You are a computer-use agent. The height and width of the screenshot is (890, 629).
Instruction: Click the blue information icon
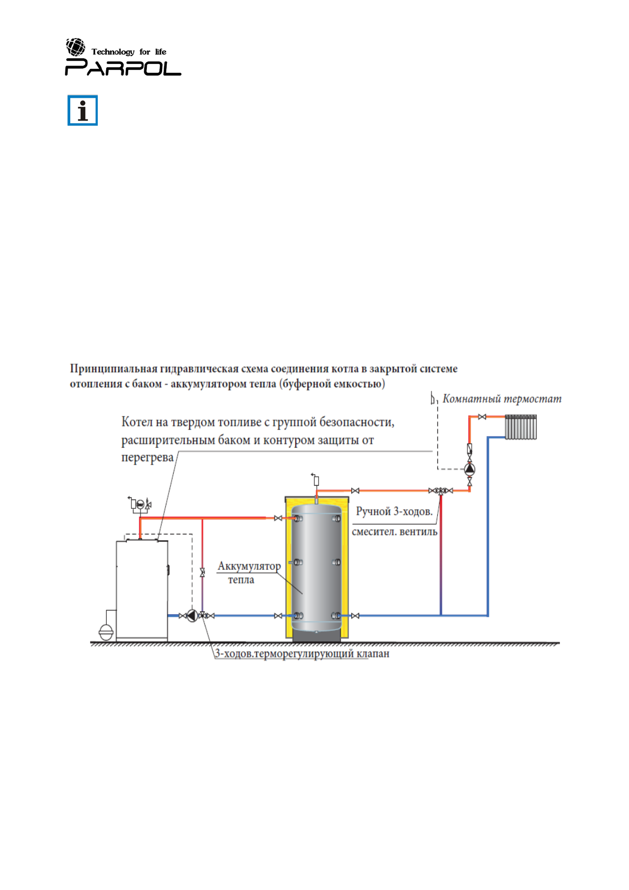(82, 110)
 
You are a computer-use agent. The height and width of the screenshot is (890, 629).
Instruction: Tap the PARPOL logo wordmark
(123, 68)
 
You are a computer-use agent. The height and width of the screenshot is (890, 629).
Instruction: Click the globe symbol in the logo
(76, 47)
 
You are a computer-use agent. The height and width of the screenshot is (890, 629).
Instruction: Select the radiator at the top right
(521, 427)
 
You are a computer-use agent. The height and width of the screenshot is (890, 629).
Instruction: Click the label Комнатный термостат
(502, 399)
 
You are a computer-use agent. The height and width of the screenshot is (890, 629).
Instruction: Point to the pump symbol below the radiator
(470, 469)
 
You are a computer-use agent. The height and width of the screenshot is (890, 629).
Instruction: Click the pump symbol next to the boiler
(192, 616)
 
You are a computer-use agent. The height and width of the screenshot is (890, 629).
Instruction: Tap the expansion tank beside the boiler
(106, 632)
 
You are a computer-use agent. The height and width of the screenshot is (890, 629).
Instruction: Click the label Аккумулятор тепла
(248, 572)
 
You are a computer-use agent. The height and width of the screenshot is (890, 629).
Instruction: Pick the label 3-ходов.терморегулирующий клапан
(302, 654)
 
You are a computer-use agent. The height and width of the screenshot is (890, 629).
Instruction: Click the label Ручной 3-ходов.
(394, 512)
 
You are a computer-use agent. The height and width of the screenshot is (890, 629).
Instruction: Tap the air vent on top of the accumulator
(316, 480)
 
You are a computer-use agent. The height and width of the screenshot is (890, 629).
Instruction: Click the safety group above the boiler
(140, 505)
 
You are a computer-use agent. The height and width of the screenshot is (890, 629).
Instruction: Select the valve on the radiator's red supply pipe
(482, 417)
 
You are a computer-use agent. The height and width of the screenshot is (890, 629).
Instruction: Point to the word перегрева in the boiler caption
(147, 458)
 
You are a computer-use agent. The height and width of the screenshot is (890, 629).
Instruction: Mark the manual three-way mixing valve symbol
(440, 491)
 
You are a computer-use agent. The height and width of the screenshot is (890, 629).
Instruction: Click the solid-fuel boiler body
(142, 589)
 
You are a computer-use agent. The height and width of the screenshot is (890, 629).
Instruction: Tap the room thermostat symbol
(433, 399)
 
